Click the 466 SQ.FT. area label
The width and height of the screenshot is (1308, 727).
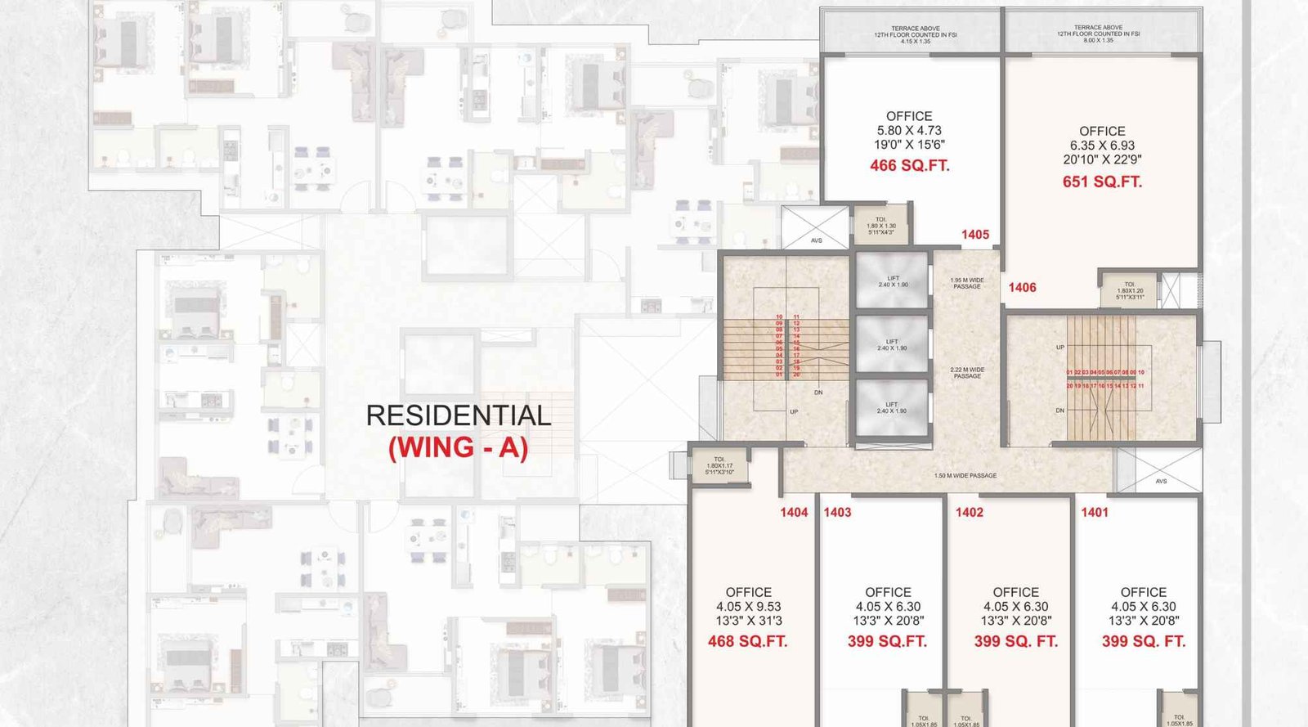point(909,166)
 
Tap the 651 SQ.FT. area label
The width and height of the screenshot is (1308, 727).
point(1102,182)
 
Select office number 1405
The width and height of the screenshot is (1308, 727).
point(974,235)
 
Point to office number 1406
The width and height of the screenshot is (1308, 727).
point(1022,288)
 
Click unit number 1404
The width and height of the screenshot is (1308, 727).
point(793,513)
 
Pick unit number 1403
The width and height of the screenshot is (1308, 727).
point(837,513)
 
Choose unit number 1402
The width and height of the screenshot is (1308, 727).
point(969,513)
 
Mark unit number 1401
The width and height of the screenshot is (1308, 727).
point(1095,513)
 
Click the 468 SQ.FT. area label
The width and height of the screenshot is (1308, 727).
point(747,642)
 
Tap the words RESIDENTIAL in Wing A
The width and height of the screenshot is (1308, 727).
point(458,415)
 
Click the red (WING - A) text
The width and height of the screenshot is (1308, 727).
point(458,448)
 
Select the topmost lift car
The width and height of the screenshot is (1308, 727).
point(892,281)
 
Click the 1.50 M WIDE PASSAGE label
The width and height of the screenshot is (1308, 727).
point(965,475)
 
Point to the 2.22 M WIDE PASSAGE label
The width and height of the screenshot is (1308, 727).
point(967,373)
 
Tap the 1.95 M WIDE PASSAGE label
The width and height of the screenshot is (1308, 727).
point(967,283)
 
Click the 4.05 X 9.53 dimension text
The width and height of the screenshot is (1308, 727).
point(748,607)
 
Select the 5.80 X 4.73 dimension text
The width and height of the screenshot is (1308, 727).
point(909,131)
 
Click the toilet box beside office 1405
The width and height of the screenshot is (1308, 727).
point(880,225)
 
